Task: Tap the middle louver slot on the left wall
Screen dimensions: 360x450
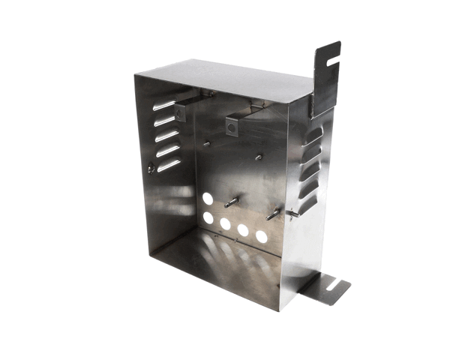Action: (167, 135)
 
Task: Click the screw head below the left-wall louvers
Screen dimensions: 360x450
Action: (152, 169)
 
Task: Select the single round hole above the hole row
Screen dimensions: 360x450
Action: (208, 199)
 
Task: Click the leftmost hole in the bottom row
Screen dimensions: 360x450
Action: (208, 217)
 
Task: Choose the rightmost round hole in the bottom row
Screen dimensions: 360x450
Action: (261, 236)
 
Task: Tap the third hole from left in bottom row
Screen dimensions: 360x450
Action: (244, 230)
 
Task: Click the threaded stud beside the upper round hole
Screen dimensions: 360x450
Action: (232, 202)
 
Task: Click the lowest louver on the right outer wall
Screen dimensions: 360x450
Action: (307, 204)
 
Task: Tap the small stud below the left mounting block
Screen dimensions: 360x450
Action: (206, 142)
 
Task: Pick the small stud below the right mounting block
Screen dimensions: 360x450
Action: (258, 157)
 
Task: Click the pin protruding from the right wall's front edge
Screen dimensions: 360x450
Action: (292, 214)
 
